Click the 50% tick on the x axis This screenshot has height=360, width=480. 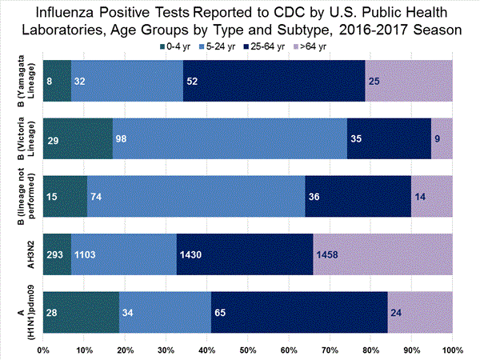[248, 350]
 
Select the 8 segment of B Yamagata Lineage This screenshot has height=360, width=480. [57, 82]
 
